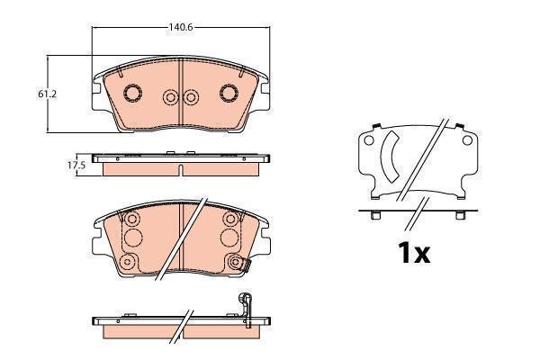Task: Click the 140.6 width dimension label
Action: (x=181, y=27)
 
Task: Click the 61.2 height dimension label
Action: (x=47, y=94)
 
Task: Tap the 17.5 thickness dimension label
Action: (x=76, y=165)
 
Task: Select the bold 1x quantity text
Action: (x=414, y=253)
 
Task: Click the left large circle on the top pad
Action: (x=132, y=93)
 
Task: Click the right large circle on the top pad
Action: (x=229, y=93)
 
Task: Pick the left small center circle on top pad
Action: (x=170, y=97)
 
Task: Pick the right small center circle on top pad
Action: (x=191, y=97)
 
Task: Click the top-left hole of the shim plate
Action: (x=369, y=140)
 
